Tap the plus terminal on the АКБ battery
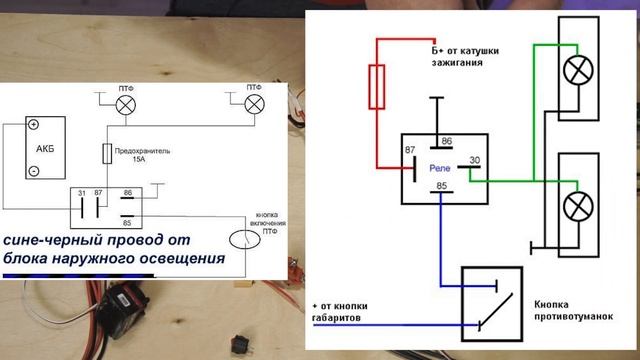tap(33, 126)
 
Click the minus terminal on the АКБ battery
tap(33, 171)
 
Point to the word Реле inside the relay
tap(440, 169)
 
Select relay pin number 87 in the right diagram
tap(409, 151)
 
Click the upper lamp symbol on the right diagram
tap(578, 69)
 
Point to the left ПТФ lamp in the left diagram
tap(126, 107)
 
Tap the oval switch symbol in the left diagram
tap(240, 240)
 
